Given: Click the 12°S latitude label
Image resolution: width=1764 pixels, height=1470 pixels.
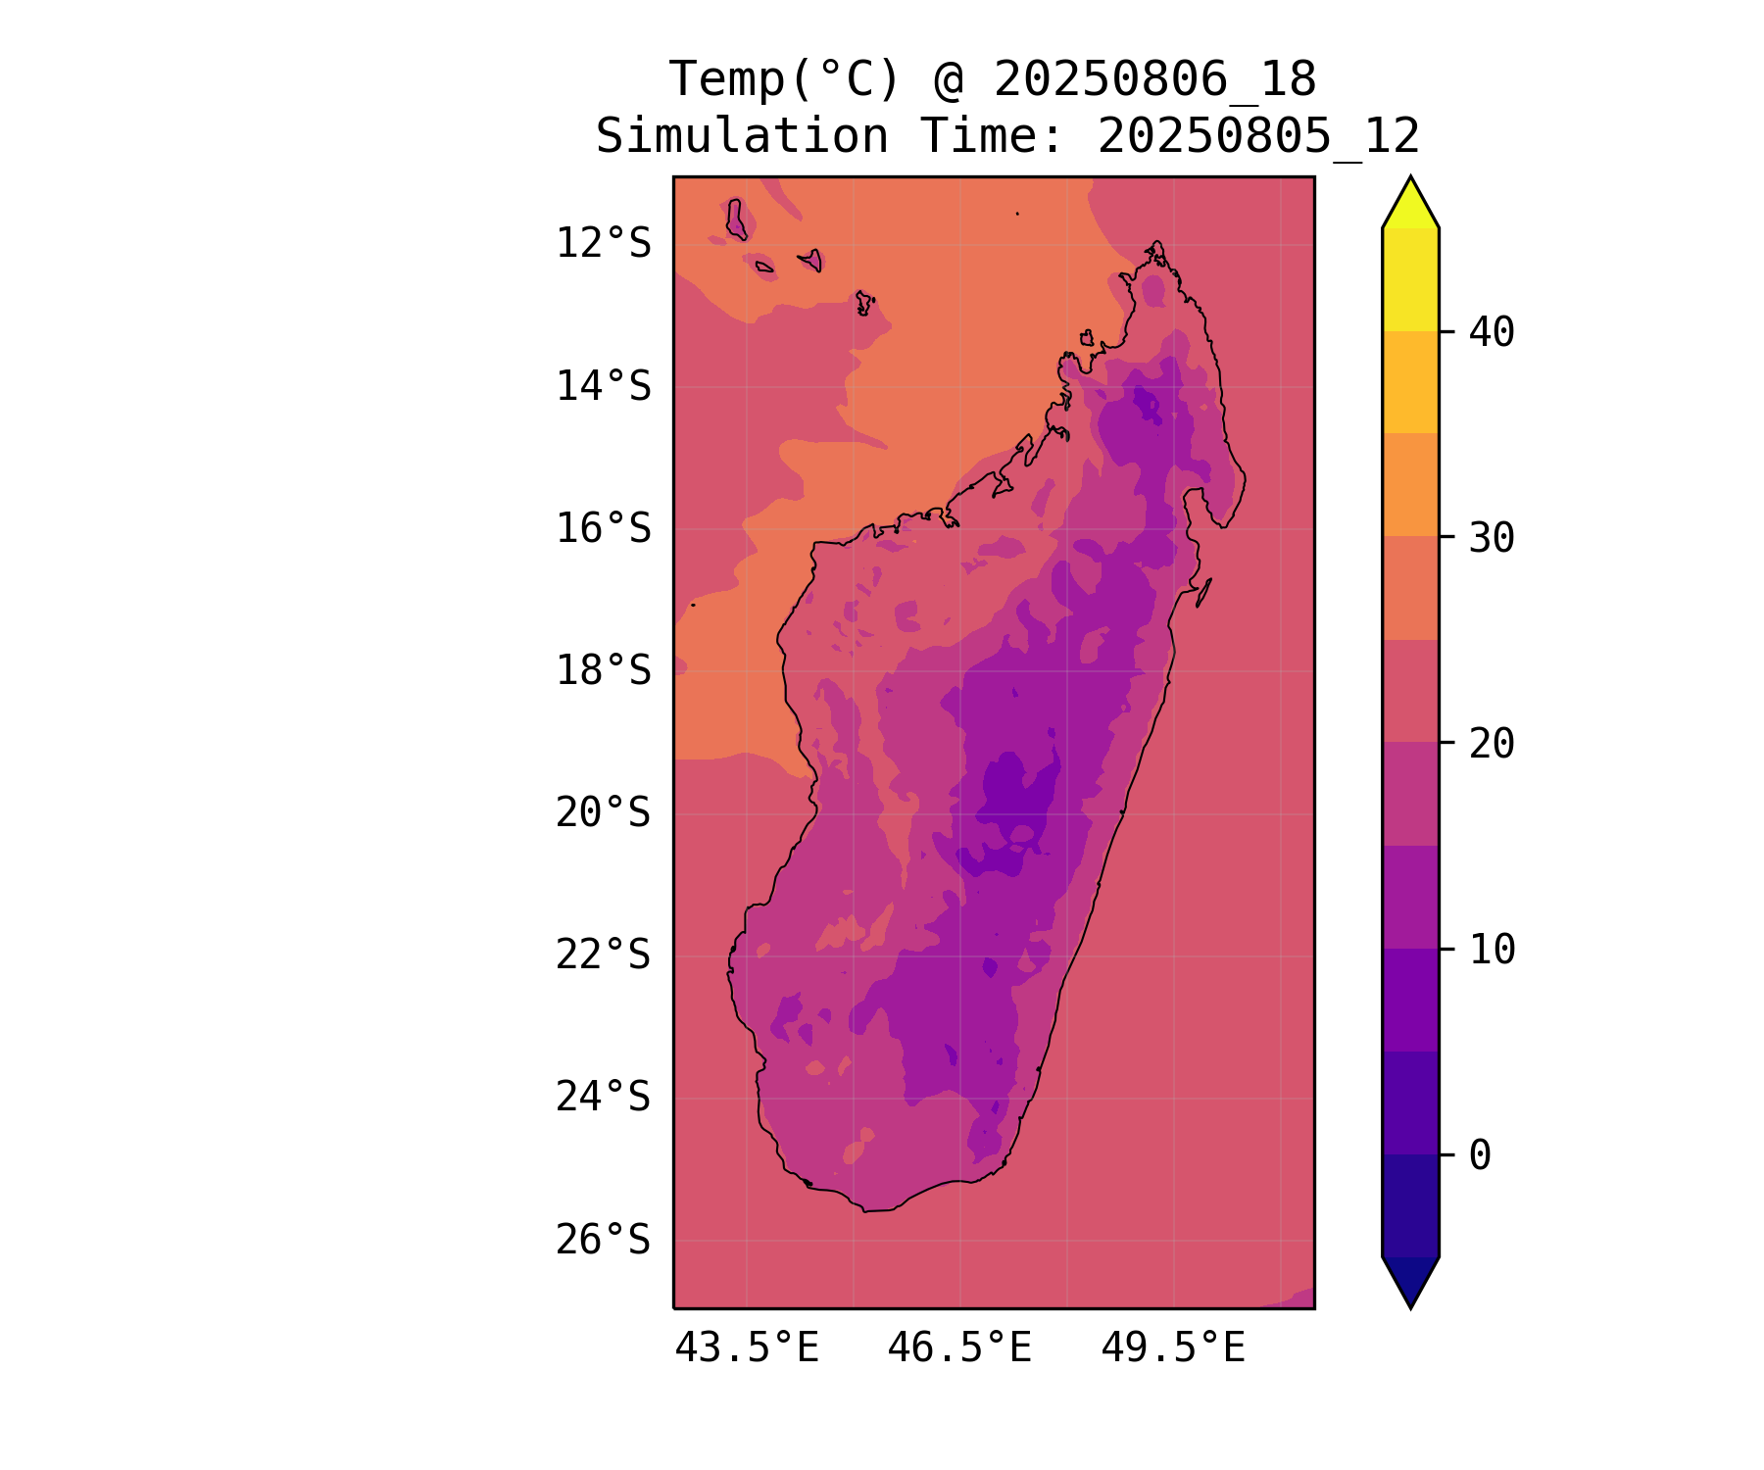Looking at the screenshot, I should click(x=603, y=243).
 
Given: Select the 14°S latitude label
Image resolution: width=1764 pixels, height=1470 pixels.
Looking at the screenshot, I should click(x=603, y=386).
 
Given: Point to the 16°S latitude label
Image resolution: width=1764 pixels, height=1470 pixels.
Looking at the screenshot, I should click(x=603, y=528).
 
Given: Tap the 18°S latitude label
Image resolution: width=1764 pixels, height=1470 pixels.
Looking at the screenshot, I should click(x=603, y=671).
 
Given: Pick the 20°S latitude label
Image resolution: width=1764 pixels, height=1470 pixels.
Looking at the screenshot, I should click(x=603, y=812).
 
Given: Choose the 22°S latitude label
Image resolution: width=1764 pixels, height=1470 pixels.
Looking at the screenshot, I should click(x=603, y=955).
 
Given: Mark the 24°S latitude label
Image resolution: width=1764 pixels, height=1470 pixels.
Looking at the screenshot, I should click(x=603, y=1097).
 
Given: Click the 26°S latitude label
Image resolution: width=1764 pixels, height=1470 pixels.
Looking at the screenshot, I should click(x=603, y=1240).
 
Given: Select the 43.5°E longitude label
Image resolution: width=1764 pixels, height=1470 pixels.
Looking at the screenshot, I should click(x=747, y=1348).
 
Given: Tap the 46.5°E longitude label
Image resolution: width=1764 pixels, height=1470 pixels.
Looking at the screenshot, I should click(x=959, y=1348).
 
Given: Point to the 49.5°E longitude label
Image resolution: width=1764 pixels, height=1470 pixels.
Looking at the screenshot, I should click(x=1173, y=1348).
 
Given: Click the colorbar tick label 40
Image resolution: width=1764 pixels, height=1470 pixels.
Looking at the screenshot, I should click(x=1492, y=332).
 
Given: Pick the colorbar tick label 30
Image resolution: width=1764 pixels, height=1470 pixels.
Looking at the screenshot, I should click(x=1492, y=538).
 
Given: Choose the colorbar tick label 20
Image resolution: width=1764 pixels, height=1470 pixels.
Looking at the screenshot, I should click(x=1492, y=744).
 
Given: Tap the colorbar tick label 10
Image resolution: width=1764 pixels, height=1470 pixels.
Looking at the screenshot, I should click(x=1492, y=950).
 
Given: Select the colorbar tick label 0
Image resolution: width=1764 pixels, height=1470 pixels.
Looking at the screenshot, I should click(x=1480, y=1155).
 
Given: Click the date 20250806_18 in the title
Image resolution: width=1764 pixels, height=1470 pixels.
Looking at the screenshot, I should click(x=1154, y=79).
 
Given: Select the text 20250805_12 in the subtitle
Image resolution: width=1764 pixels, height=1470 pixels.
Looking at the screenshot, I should click(x=1258, y=136).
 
